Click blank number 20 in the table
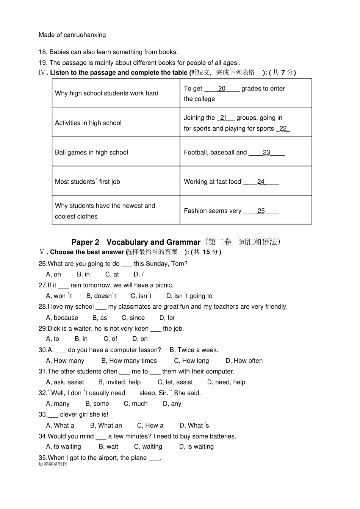(x=222, y=89)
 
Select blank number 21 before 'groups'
(x=224, y=118)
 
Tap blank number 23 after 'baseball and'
(x=267, y=153)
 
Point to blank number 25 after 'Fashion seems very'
(x=261, y=211)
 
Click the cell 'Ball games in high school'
(x=91, y=153)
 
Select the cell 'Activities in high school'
(x=88, y=123)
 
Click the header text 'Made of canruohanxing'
(x=72, y=35)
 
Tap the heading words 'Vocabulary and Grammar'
(x=153, y=242)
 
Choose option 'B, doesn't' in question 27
(x=101, y=296)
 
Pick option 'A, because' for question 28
(x=62, y=318)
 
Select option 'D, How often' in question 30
(x=244, y=361)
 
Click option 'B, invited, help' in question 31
(x=119, y=383)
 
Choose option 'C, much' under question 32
(x=136, y=404)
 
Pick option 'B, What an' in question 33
(x=106, y=426)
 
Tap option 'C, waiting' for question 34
(x=148, y=447)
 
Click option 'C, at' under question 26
(x=112, y=275)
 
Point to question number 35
(x=43, y=458)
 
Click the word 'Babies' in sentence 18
(x=58, y=52)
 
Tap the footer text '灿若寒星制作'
(x=53, y=464)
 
